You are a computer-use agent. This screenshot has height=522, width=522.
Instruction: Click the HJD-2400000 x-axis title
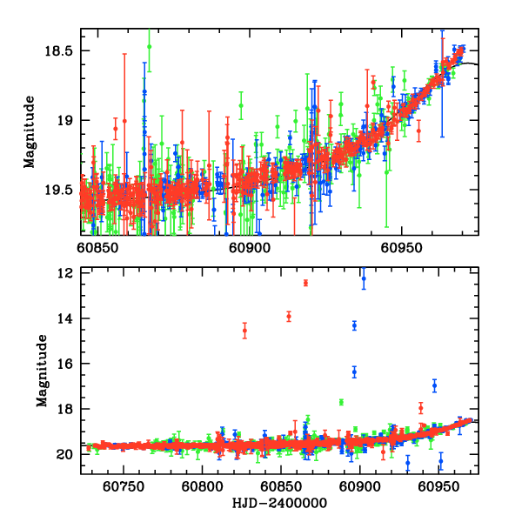pyautogui.click(x=281, y=504)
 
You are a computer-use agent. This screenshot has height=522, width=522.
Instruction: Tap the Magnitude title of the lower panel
pyautogui.click(x=42, y=372)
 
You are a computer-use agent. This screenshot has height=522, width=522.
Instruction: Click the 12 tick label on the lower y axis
pyautogui.click(x=64, y=273)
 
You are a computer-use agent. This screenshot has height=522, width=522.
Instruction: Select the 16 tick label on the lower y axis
pyautogui.click(x=64, y=364)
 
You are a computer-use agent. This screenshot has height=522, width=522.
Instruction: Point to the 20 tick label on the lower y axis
pyautogui.click(x=64, y=454)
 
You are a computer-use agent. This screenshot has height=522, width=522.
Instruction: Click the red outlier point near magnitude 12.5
pyautogui.click(x=305, y=283)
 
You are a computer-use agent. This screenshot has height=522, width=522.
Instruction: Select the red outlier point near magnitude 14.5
pyautogui.click(x=244, y=330)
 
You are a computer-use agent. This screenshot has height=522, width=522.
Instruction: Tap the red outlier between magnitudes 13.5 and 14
pyautogui.click(x=289, y=316)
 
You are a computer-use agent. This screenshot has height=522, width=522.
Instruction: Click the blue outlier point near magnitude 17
pyautogui.click(x=434, y=385)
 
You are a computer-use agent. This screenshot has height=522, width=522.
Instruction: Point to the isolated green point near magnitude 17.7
pyautogui.click(x=341, y=401)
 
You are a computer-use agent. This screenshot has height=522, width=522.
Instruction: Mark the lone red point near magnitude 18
pyautogui.click(x=421, y=407)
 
